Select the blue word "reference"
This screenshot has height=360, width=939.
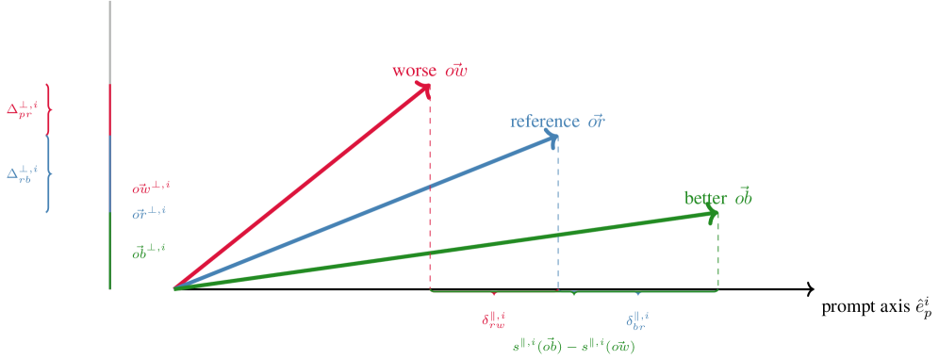click(x=544, y=122)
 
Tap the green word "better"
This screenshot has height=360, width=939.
click(x=705, y=198)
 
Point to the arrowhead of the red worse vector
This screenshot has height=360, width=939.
click(x=426, y=88)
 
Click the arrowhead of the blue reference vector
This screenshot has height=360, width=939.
click(x=552, y=139)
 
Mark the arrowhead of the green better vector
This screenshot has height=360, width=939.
click(x=713, y=215)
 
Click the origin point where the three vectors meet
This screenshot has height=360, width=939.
click(x=175, y=287)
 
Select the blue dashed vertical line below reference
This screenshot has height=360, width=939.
click(x=558, y=217)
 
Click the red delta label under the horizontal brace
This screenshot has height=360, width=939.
click(x=494, y=319)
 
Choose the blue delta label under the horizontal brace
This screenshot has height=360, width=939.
click(x=637, y=319)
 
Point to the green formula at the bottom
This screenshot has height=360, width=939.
click(x=574, y=346)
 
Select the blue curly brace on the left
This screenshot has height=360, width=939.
click(x=48, y=174)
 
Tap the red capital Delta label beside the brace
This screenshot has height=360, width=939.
click(x=22, y=109)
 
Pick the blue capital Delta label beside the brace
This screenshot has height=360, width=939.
click(x=22, y=174)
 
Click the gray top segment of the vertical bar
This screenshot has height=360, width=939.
click(x=110, y=41)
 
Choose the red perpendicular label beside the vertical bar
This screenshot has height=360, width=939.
click(x=150, y=189)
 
